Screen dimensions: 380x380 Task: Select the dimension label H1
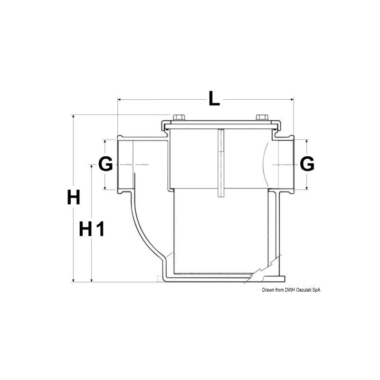pos(91,229)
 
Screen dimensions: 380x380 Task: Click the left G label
pos(105,164)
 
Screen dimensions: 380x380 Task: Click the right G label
pos(307,164)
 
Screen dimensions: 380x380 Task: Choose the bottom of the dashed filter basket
pos(214,274)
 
